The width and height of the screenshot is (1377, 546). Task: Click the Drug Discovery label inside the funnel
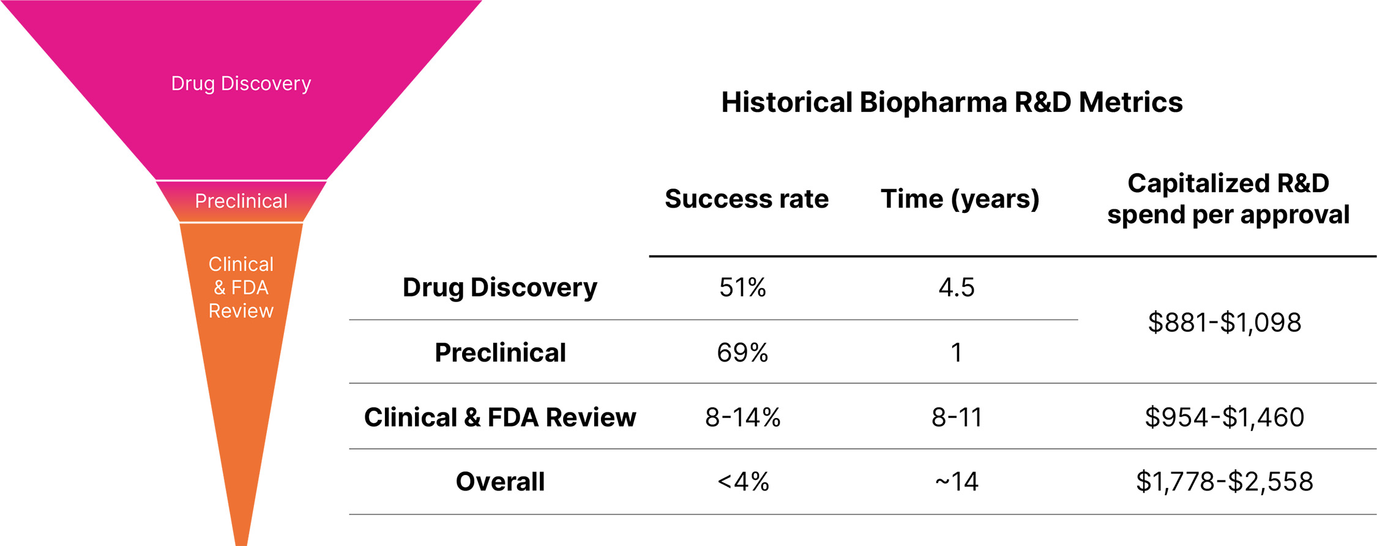point(241,83)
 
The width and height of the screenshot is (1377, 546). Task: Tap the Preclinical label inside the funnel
point(241,201)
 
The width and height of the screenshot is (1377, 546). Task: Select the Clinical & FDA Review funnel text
point(241,287)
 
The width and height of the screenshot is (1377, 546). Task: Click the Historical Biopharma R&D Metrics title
point(952,102)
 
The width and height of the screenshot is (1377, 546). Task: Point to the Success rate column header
point(746,199)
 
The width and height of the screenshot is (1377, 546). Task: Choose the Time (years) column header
point(960,199)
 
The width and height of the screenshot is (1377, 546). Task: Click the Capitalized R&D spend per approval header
point(1228,199)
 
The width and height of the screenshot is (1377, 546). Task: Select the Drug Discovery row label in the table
point(499,287)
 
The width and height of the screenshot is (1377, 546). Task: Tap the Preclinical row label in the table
point(500,353)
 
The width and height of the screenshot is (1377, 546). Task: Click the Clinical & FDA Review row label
point(499,417)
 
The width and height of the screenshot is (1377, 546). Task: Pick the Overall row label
point(500,482)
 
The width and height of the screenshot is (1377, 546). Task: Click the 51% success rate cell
point(742,287)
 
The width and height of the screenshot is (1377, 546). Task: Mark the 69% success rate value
point(742,353)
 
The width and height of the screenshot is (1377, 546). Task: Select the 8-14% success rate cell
point(742,417)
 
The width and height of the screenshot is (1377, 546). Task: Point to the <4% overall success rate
point(742,482)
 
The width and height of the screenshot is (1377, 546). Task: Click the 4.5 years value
point(957,287)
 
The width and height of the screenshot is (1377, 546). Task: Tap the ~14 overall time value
point(957,482)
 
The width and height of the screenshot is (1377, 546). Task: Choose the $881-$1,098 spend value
point(1224,323)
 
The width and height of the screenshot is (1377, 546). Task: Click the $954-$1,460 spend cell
point(1224,417)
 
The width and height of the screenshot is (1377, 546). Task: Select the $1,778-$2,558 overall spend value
point(1224,482)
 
